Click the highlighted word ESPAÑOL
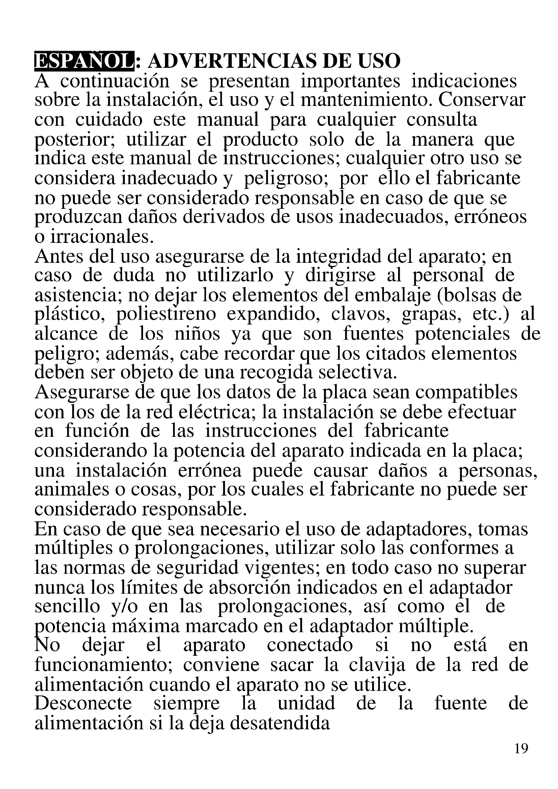(x=84, y=61)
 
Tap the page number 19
(x=521, y=748)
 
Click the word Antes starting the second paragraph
(x=59, y=256)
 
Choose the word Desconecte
(x=83, y=703)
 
